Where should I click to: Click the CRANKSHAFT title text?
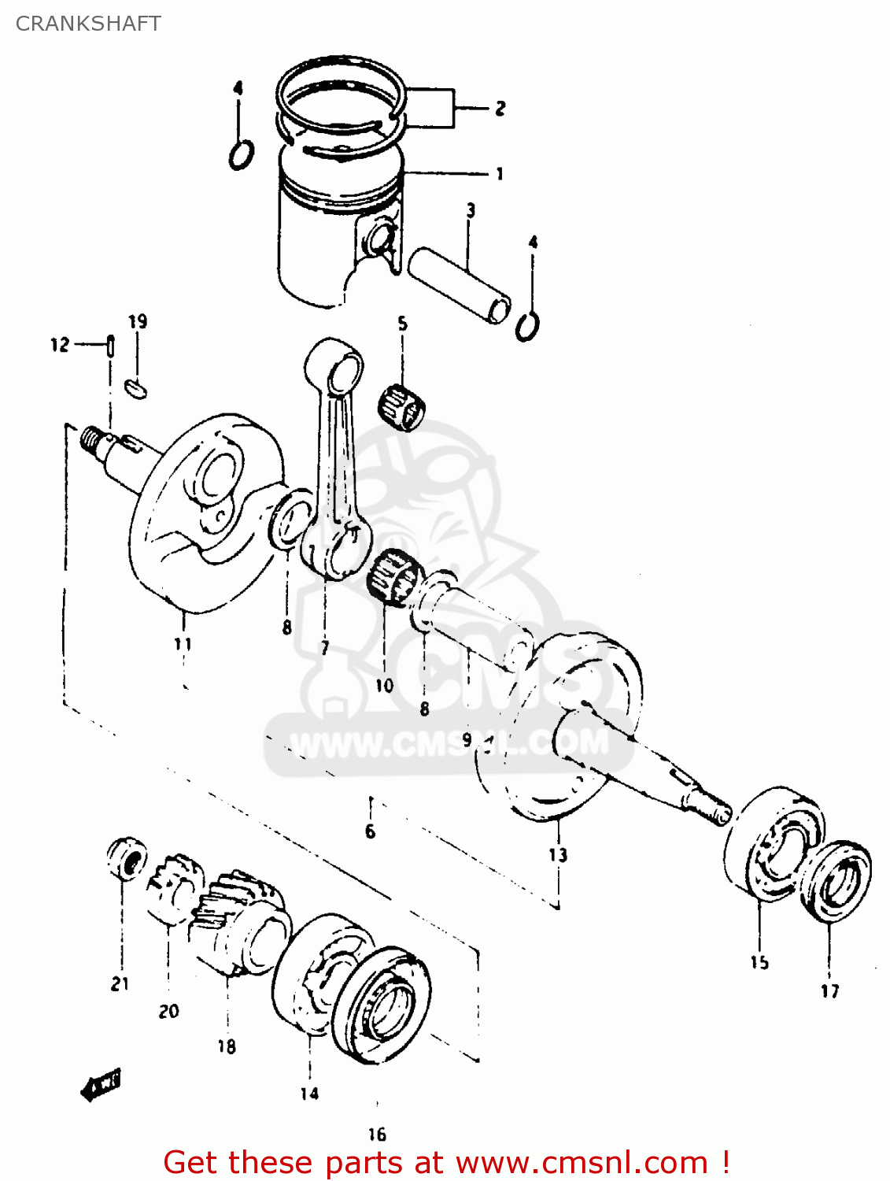click(88, 24)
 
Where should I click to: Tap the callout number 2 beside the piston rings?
click(500, 109)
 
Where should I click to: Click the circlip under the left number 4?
click(241, 154)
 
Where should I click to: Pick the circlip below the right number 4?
click(527, 325)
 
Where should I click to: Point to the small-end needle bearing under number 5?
click(403, 405)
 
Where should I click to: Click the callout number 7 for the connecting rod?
click(324, 648)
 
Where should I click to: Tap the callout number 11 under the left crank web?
click(183, 644)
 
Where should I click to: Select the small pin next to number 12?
click(111, 346)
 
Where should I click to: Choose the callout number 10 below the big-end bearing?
click(384, 685)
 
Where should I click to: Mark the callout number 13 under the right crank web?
click(557, 854)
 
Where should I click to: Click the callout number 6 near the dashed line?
click(370, 831)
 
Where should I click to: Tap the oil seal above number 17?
click(836, 882)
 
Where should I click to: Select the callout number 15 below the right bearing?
click(759, 962)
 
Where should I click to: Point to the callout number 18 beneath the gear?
click(227, 1046)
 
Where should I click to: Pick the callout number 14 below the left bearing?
click(309, 1093)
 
